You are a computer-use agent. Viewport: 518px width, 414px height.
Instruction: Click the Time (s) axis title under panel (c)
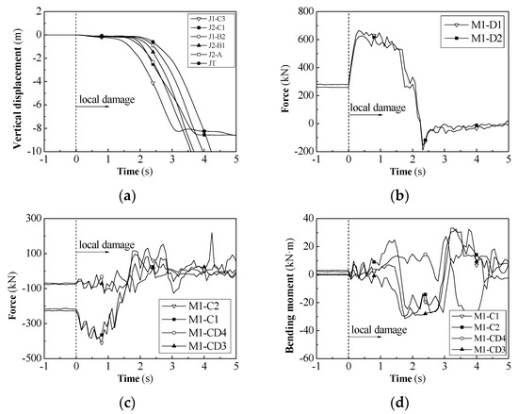click(141, 381)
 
